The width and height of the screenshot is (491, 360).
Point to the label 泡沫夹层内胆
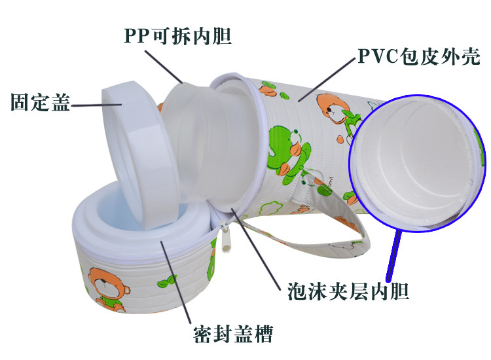point(348,290)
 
